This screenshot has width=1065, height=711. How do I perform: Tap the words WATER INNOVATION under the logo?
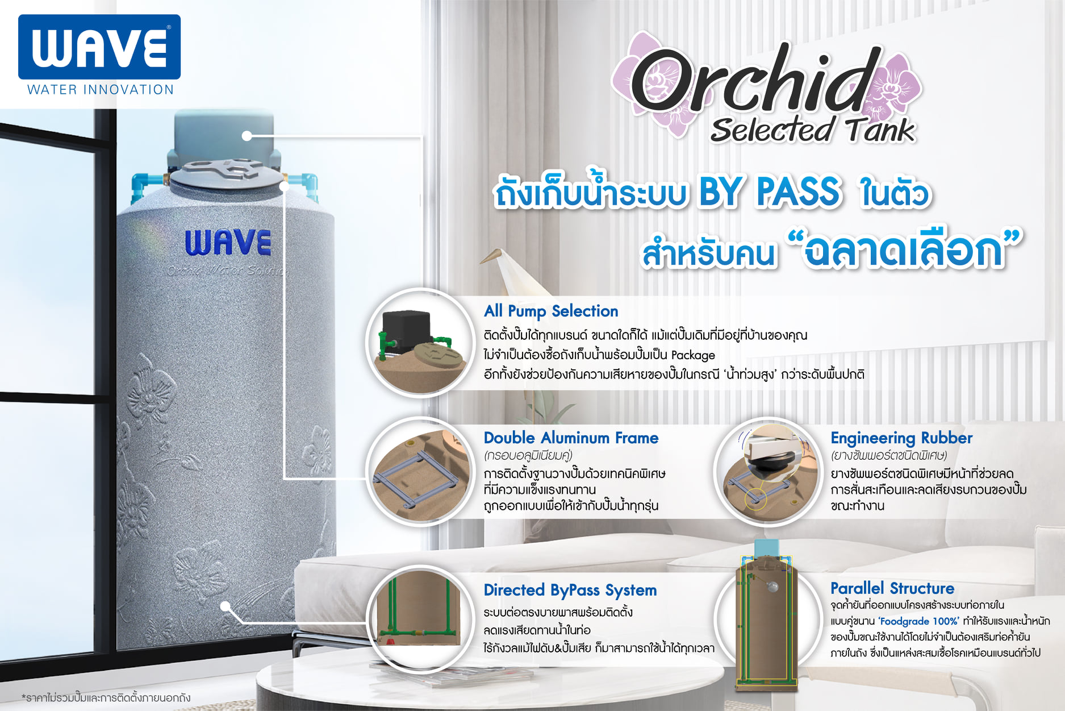coord(101,90)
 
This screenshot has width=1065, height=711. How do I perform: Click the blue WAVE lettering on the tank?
coord(228,243)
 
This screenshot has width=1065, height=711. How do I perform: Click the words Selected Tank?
coord(812,130)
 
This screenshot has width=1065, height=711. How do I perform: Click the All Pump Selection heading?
coord(551,311)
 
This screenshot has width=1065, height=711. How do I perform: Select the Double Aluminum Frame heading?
coord(571,438)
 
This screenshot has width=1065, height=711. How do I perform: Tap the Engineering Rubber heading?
coord(901,438)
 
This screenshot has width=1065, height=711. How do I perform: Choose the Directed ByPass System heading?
coord(570,591)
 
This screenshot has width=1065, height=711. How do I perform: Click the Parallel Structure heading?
coord(892,588)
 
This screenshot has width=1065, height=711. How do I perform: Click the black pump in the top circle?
coord(406,332)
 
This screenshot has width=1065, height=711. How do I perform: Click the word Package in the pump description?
coord(693,355)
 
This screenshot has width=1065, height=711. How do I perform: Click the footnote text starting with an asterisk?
coord(106,697)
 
